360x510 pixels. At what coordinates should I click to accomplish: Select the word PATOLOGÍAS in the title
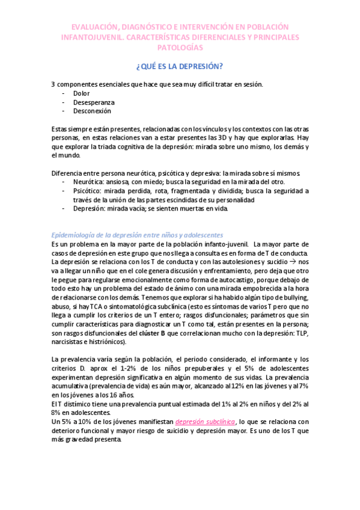click(x=180, y=47)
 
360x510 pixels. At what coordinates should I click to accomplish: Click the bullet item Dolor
click(x=81, y=94)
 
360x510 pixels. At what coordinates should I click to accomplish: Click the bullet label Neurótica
click(x=88, y=182)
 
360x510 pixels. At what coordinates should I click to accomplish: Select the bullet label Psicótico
click(x=87, y=191)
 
